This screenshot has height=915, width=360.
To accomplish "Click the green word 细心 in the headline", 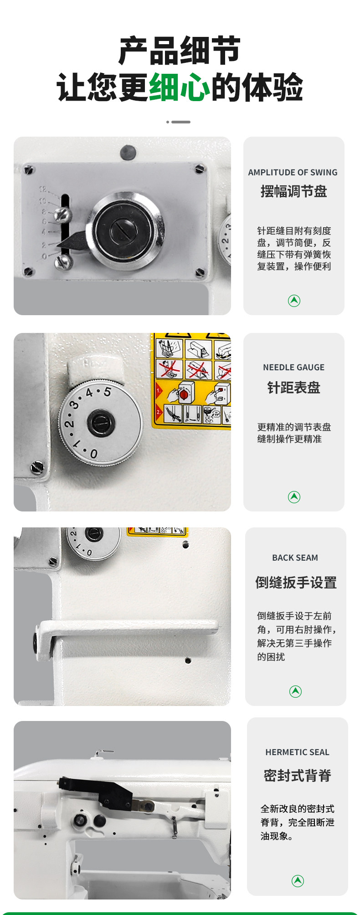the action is tap(180, 87).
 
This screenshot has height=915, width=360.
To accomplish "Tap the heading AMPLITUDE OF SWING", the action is tap(293, 172).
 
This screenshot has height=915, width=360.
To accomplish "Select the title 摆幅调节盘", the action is tap(293, 191).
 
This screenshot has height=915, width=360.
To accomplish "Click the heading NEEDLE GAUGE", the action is tap(293, 367).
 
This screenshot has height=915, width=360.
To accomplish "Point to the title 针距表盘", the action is tap(293, 388).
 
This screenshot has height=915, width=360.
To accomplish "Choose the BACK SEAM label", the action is tap(295, 557).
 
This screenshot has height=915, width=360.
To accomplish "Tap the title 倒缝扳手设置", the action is tap(296, 583).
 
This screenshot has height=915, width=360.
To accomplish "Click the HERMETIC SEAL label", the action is tap(297, 752).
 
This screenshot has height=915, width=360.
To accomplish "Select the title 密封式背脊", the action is tap(297, 775).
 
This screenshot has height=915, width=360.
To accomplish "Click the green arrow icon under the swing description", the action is tap(294, 301).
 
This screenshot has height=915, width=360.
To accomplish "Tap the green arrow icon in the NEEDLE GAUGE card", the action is tap(294, 497).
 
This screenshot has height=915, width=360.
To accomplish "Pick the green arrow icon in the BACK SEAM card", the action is tap(295, 691).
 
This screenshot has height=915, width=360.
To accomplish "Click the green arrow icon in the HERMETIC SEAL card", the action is tap(298, 881).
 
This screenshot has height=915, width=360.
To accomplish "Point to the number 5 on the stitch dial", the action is tap(107, 391).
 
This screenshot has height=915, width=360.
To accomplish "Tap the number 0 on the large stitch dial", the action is tap(93, 454).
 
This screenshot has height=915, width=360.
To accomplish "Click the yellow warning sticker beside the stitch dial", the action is tap(191, 381).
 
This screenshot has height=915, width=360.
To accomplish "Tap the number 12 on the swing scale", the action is tap(42, 189).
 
